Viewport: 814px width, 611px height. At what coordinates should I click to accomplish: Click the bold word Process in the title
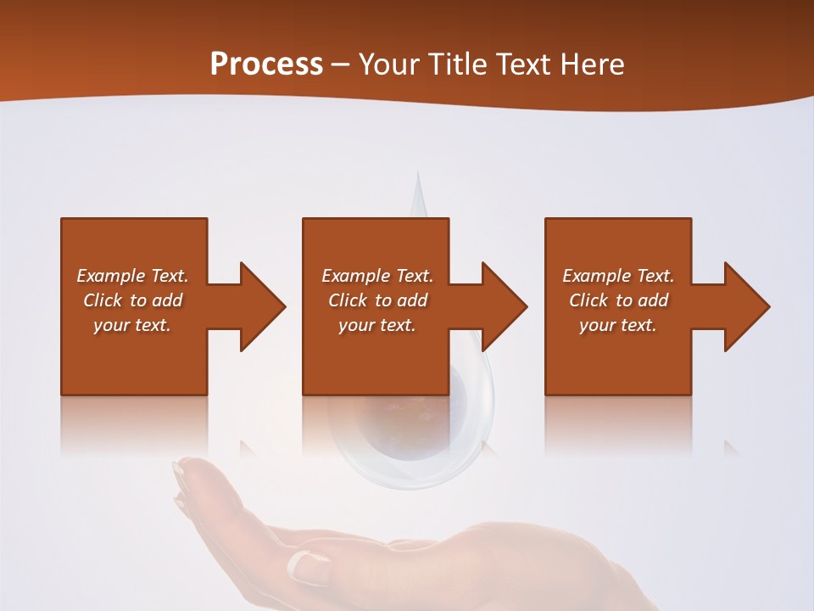266,64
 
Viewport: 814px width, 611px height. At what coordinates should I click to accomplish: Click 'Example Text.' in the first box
132,276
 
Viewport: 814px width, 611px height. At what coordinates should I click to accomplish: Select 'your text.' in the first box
132,325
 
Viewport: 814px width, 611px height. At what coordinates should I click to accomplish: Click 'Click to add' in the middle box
377,300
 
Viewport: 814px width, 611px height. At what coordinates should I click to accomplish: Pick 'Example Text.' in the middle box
377,276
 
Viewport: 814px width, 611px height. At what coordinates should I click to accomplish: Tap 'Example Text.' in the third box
618,276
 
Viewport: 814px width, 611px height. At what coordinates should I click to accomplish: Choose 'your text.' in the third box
618,325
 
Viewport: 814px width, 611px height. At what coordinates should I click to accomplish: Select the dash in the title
341,64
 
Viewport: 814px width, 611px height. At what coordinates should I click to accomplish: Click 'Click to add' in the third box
618,300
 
